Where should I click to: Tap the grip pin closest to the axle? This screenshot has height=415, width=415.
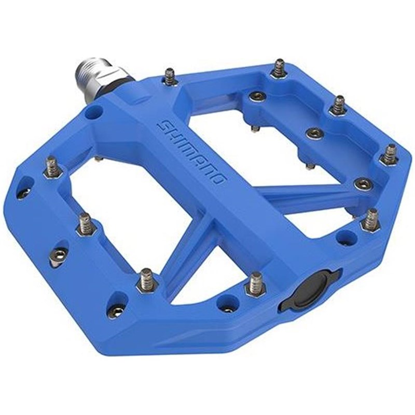coord(169,77)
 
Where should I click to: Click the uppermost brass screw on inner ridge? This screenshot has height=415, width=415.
coord(257,95)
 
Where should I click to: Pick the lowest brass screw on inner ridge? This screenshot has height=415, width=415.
coord(362,183)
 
